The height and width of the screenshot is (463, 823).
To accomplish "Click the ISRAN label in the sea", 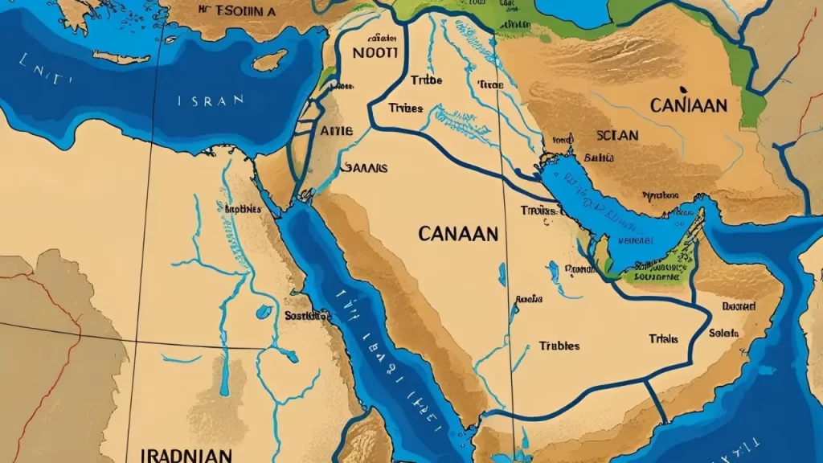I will coord(211,101).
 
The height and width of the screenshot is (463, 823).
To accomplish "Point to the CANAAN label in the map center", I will coord(458,234).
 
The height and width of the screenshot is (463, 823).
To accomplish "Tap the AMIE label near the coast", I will coord(336,129).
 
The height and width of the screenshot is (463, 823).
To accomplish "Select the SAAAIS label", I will coord(365,168).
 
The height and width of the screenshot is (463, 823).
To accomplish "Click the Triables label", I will coord(559,346).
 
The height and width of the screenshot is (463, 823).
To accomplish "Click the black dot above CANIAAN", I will coord(682,88).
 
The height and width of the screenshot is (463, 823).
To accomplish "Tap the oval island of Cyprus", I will coord(269,60).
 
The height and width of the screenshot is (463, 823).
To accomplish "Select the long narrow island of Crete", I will coord(121,57).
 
